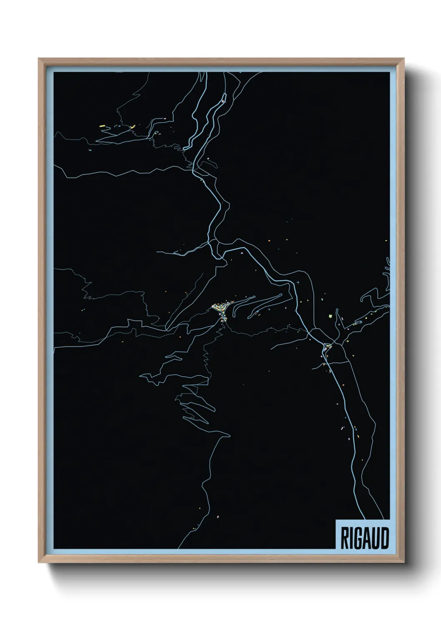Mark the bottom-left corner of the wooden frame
[39, 563]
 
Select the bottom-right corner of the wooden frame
[404, 563]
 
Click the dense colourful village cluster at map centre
[220, 308]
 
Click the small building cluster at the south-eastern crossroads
[328, 346]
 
